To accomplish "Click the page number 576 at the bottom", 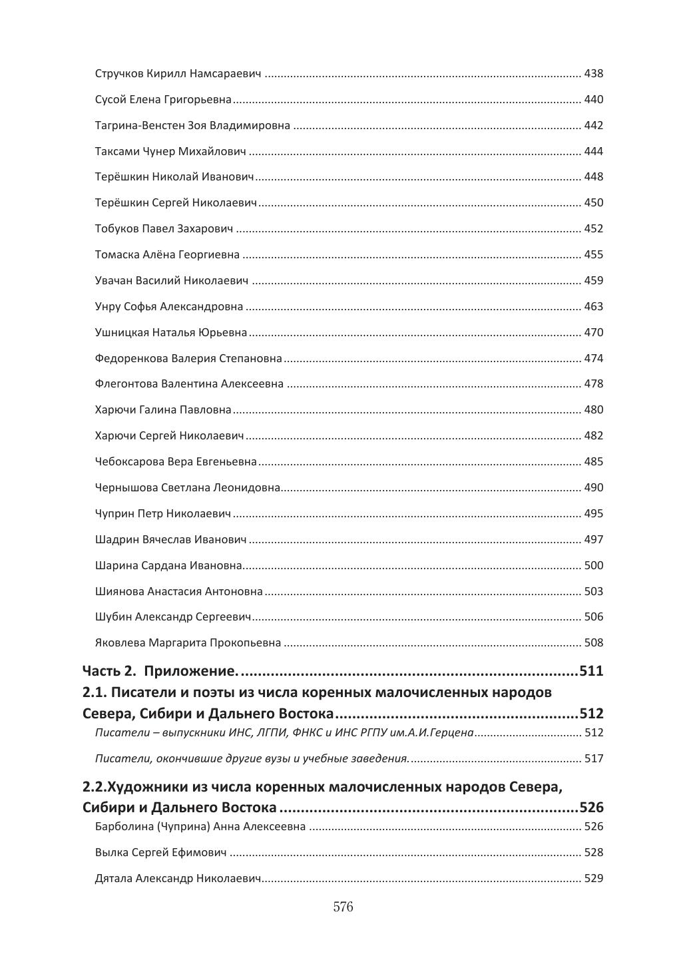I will click(x=343, y=907).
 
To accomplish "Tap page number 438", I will click(x=593, y=74).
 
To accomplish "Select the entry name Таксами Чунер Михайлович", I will click(x=170, y=152).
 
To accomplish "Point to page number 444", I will click(x=593, y=152).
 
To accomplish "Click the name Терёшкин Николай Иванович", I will click(x=174, y=177).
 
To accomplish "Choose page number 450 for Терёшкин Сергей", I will click(x=593, y=203).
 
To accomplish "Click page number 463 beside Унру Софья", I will click(x=593, y=307).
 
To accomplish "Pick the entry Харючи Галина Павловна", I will click(x=163, y=410).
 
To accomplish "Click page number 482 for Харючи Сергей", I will click(x=593, y=436).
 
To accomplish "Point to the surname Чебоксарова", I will click(x=130, y=462).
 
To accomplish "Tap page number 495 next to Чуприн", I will click(x=593, y=514).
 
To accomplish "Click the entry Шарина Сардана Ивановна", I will click(x=168, y=566).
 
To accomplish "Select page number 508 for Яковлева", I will click(x=593, y=643).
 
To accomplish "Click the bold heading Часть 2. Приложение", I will click(x=160, y=671).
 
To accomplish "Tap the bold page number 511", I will click(x=591, y=671).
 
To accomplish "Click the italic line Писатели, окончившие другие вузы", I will click(x=252, y=759).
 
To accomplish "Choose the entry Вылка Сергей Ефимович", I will click(x=160, y=853).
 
